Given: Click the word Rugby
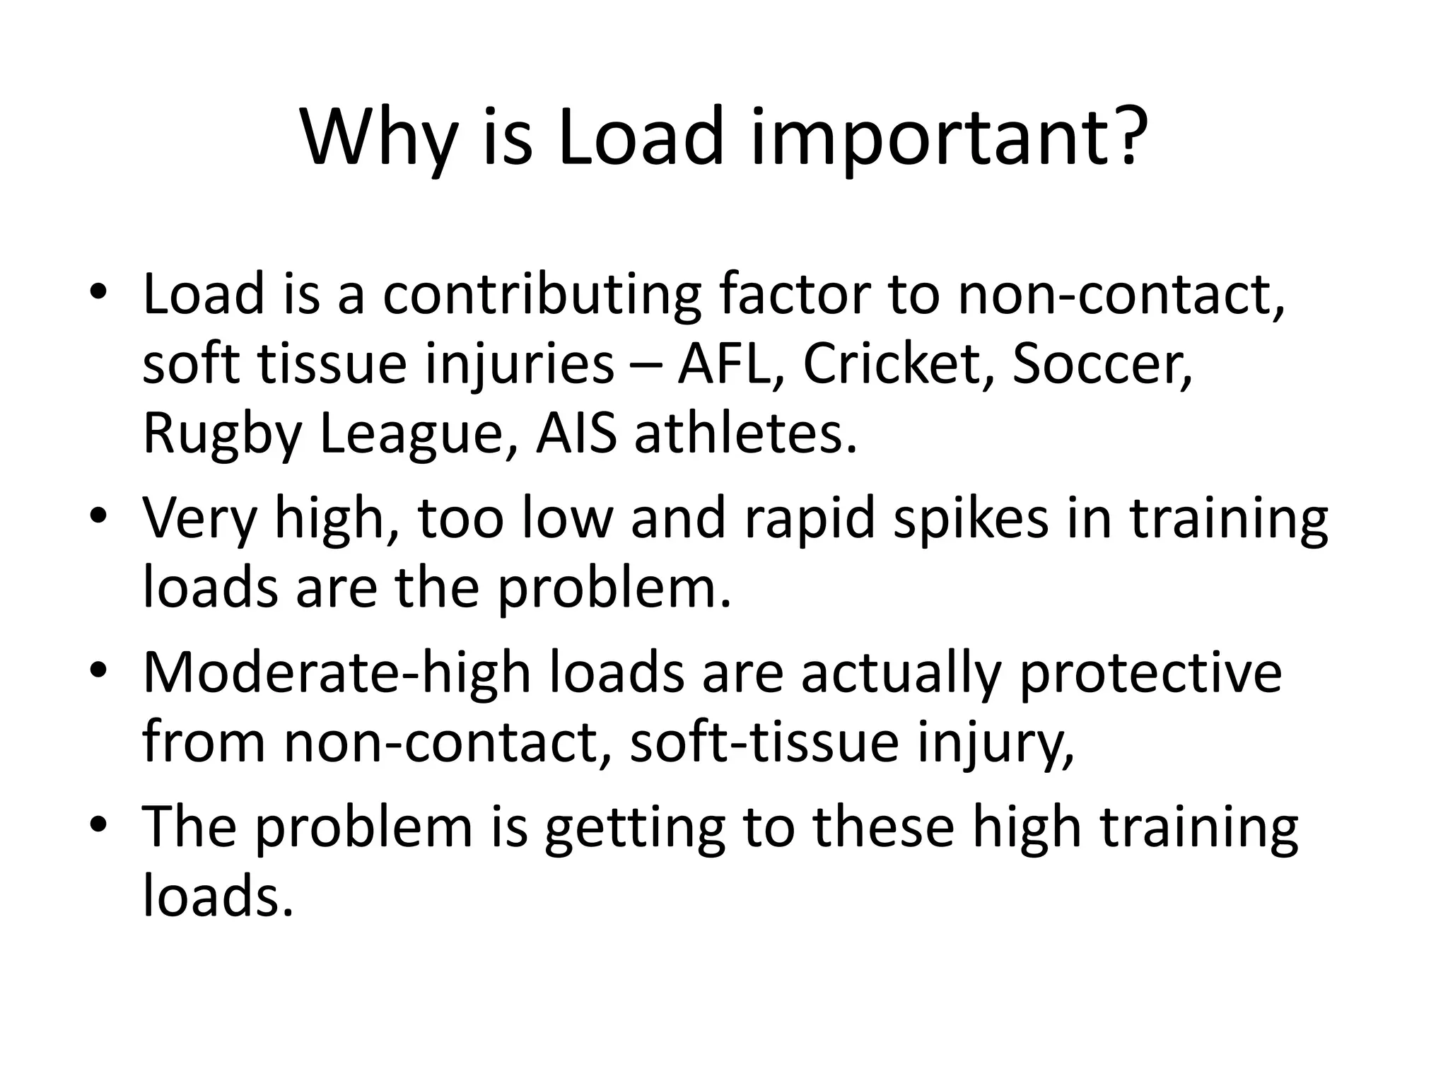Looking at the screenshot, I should point(223,435).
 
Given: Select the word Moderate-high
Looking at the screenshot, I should point(337,673).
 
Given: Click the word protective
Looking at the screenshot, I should point(1150,673).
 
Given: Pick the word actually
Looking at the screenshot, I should point(901,673).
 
